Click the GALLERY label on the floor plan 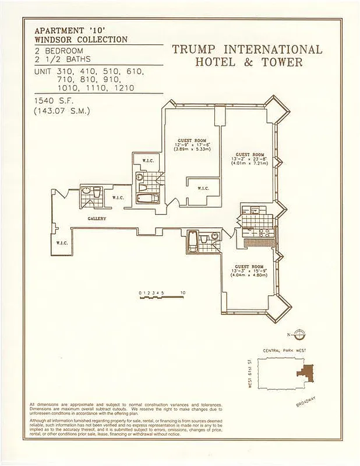pos(96,218)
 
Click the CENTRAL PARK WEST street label pos(284,350)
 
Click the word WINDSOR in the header pos(57,40)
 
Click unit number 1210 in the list pos(121,88)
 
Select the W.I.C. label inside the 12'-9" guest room pos(203,188)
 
